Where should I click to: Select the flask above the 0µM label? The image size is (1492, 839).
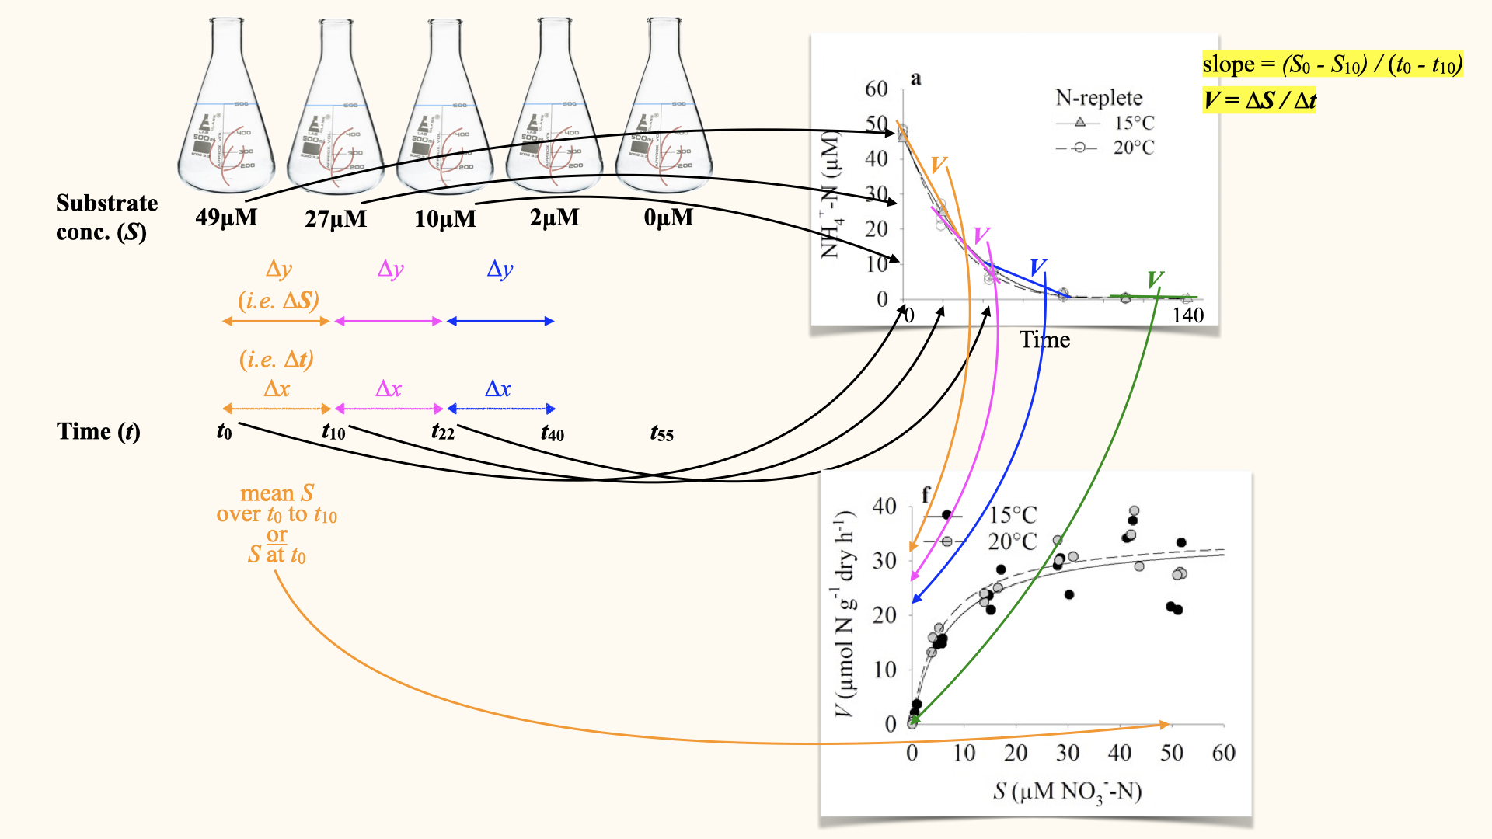coord(664,109)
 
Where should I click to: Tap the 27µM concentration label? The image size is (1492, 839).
coord(336,218)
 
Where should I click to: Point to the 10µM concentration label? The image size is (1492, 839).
coord(445,218)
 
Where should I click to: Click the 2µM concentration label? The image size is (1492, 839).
coord(555,218)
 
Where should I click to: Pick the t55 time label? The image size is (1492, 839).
coord(662,433)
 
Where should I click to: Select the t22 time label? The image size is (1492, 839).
coord(443,432)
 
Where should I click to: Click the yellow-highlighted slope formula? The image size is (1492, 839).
coord(1332,64)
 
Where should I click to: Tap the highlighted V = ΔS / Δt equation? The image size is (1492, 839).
coord(1259,100)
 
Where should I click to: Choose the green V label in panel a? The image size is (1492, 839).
coord(1155,279)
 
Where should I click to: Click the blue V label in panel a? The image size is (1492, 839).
coord(1037,268)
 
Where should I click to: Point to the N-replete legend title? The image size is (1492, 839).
coord(1099,98)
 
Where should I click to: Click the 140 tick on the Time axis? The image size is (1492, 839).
coord(1187,315)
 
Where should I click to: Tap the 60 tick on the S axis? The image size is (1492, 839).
coord(1223,753)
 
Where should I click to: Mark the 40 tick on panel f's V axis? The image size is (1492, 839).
coord(884,507)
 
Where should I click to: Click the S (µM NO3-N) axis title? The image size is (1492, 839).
coord(1067,792)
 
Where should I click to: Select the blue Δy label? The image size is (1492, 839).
coord(500,269)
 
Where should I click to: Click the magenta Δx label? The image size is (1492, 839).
coord(389,388)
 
